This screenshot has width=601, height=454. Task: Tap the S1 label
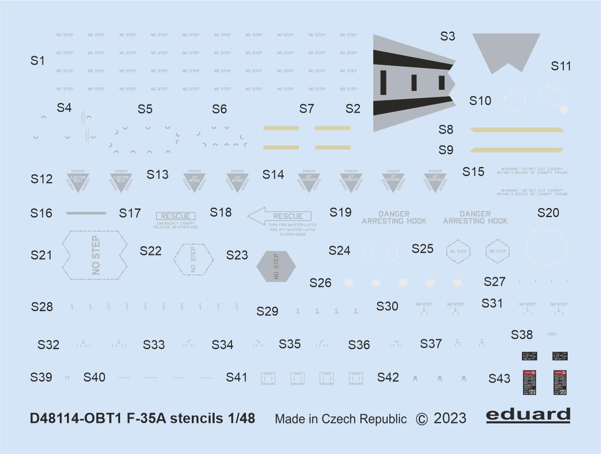(38, 61)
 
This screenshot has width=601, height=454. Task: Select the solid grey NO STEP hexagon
(276, 266)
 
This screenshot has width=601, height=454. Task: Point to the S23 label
(237, 255)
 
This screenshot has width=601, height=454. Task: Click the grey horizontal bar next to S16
(86, 213)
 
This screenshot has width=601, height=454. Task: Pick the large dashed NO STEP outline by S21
(95, 255)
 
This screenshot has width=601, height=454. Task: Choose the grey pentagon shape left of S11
(506, 52)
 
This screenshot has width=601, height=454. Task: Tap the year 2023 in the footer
(450, 419)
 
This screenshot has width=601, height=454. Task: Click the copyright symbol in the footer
(422, 419)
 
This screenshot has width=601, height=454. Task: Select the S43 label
(499, 378)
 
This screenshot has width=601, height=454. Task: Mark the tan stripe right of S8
(517, 129)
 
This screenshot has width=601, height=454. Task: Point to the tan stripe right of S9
(517, 150)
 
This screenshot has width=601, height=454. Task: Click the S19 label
(340, 212)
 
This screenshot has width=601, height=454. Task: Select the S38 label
(522, 334)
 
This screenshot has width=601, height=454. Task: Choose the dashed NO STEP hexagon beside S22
(193, 259)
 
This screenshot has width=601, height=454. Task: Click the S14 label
(273, 174)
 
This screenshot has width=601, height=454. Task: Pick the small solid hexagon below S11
(563, 109)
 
